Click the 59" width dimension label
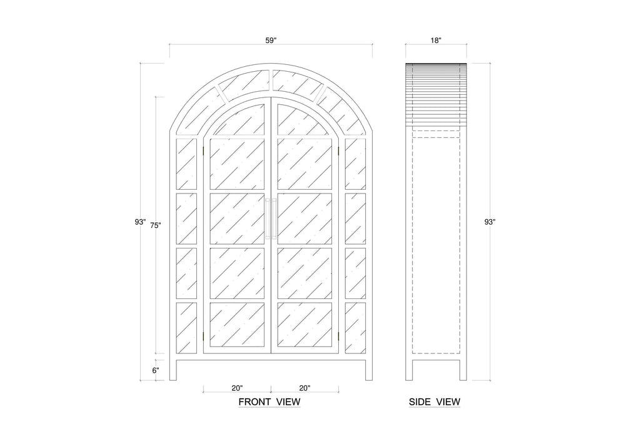(271, 40)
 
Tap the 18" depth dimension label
(436, 40)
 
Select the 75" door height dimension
(156, 225)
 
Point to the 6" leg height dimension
(156, 370)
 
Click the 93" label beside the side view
(490, 222)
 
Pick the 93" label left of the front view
(140, 222)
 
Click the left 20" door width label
(237, 388)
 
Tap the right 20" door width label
(304, 388)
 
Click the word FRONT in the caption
(254, 402)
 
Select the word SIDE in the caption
(420, 402)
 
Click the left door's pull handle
(268, 219)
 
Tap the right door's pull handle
(274, 219)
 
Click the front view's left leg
(173, 370)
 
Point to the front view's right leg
(369, 370)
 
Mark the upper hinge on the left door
(203, 151)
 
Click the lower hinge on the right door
(339, 336)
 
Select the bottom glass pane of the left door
(237, 325)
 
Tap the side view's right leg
(463, 370)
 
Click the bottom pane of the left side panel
(186, 328)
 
